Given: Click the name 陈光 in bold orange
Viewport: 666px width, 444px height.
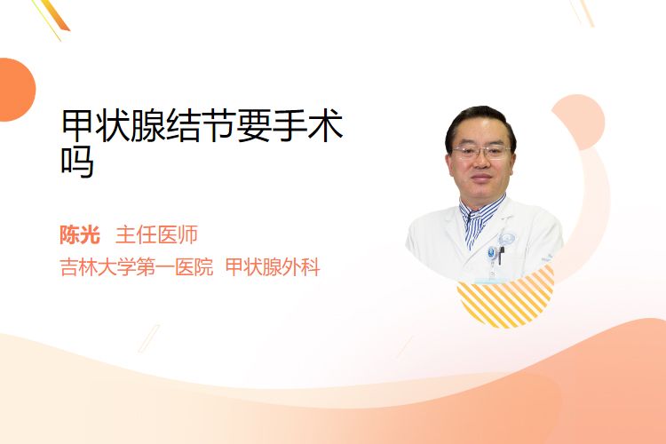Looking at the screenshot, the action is click(x=80, y=234).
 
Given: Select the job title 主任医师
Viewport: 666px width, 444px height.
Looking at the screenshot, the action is click(x=156, y=234).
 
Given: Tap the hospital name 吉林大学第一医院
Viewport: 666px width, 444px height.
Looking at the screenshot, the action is click(x=137, y=267).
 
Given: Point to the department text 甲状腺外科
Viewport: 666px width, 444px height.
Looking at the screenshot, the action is click(x=273, y=267).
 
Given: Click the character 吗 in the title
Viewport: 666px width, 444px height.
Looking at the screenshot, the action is click(x=77, y=162).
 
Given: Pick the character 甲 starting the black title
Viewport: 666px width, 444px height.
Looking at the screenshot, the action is click(x=78, y=125).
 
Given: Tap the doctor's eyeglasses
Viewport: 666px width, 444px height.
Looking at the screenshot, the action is click(x=481, y=151).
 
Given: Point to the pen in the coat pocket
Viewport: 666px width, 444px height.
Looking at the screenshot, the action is click(x=501, y=256).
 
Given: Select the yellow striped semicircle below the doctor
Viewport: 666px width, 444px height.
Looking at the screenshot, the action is click(x=506, y=297).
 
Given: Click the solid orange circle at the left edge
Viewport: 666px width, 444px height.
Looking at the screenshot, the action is click(x=16, y=90).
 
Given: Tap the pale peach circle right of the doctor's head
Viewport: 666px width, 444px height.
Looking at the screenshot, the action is click(x=578, y=122).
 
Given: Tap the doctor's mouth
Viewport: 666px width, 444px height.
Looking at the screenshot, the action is click(x=481, y=178).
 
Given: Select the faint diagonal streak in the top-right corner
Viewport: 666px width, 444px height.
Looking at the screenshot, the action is click(x=582, y=12).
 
